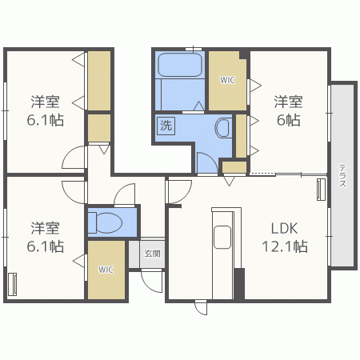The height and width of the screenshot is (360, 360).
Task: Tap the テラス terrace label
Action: point(342,175)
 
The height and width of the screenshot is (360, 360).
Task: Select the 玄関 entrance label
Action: point(152,254)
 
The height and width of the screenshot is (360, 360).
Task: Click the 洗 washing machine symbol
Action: point(166,125)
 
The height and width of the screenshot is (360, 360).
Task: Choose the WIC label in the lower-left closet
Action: point(106,270)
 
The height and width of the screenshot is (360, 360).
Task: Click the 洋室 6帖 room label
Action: point(289,110)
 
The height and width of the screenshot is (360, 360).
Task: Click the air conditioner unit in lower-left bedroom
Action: point(13,284)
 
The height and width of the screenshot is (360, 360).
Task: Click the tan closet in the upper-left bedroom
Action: point(99,80)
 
